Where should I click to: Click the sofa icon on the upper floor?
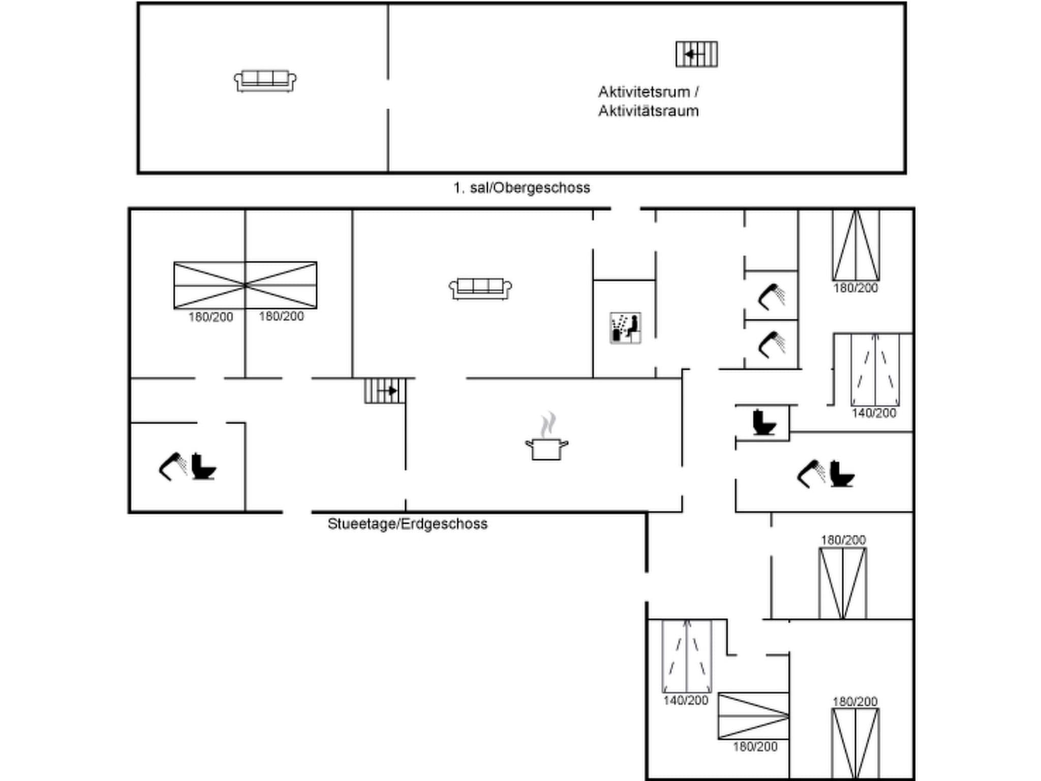265,81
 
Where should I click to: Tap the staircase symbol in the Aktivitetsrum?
696,54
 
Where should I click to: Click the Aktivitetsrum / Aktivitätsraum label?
648,101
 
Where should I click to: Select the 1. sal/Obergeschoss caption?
522,188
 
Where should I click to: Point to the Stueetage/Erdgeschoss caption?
407,524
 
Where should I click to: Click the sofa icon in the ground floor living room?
480,288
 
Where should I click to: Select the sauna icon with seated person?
625,328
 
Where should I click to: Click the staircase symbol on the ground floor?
385,390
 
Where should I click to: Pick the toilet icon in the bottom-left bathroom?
204,467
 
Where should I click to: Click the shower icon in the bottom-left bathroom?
172,466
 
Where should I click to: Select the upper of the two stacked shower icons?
772,296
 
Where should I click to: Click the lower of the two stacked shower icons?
772,344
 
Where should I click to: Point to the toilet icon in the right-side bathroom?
842,474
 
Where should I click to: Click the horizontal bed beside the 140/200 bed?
753,716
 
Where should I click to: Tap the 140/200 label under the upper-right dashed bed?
874,413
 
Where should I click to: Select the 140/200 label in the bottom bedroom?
685,700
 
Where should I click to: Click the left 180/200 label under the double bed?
210,317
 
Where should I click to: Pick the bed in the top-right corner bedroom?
856,245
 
